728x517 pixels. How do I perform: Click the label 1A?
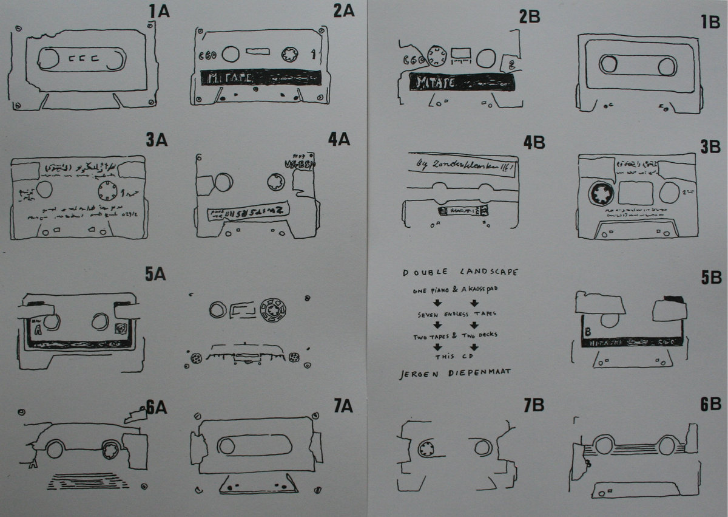coord(161,11)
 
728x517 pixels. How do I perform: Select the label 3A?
coord(156,140)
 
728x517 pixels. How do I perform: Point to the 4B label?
coord(534,143)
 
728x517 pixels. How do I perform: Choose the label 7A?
coord(343,406)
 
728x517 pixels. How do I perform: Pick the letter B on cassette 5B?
coord(588,332)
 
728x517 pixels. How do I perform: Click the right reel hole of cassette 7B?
coord(482,448)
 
